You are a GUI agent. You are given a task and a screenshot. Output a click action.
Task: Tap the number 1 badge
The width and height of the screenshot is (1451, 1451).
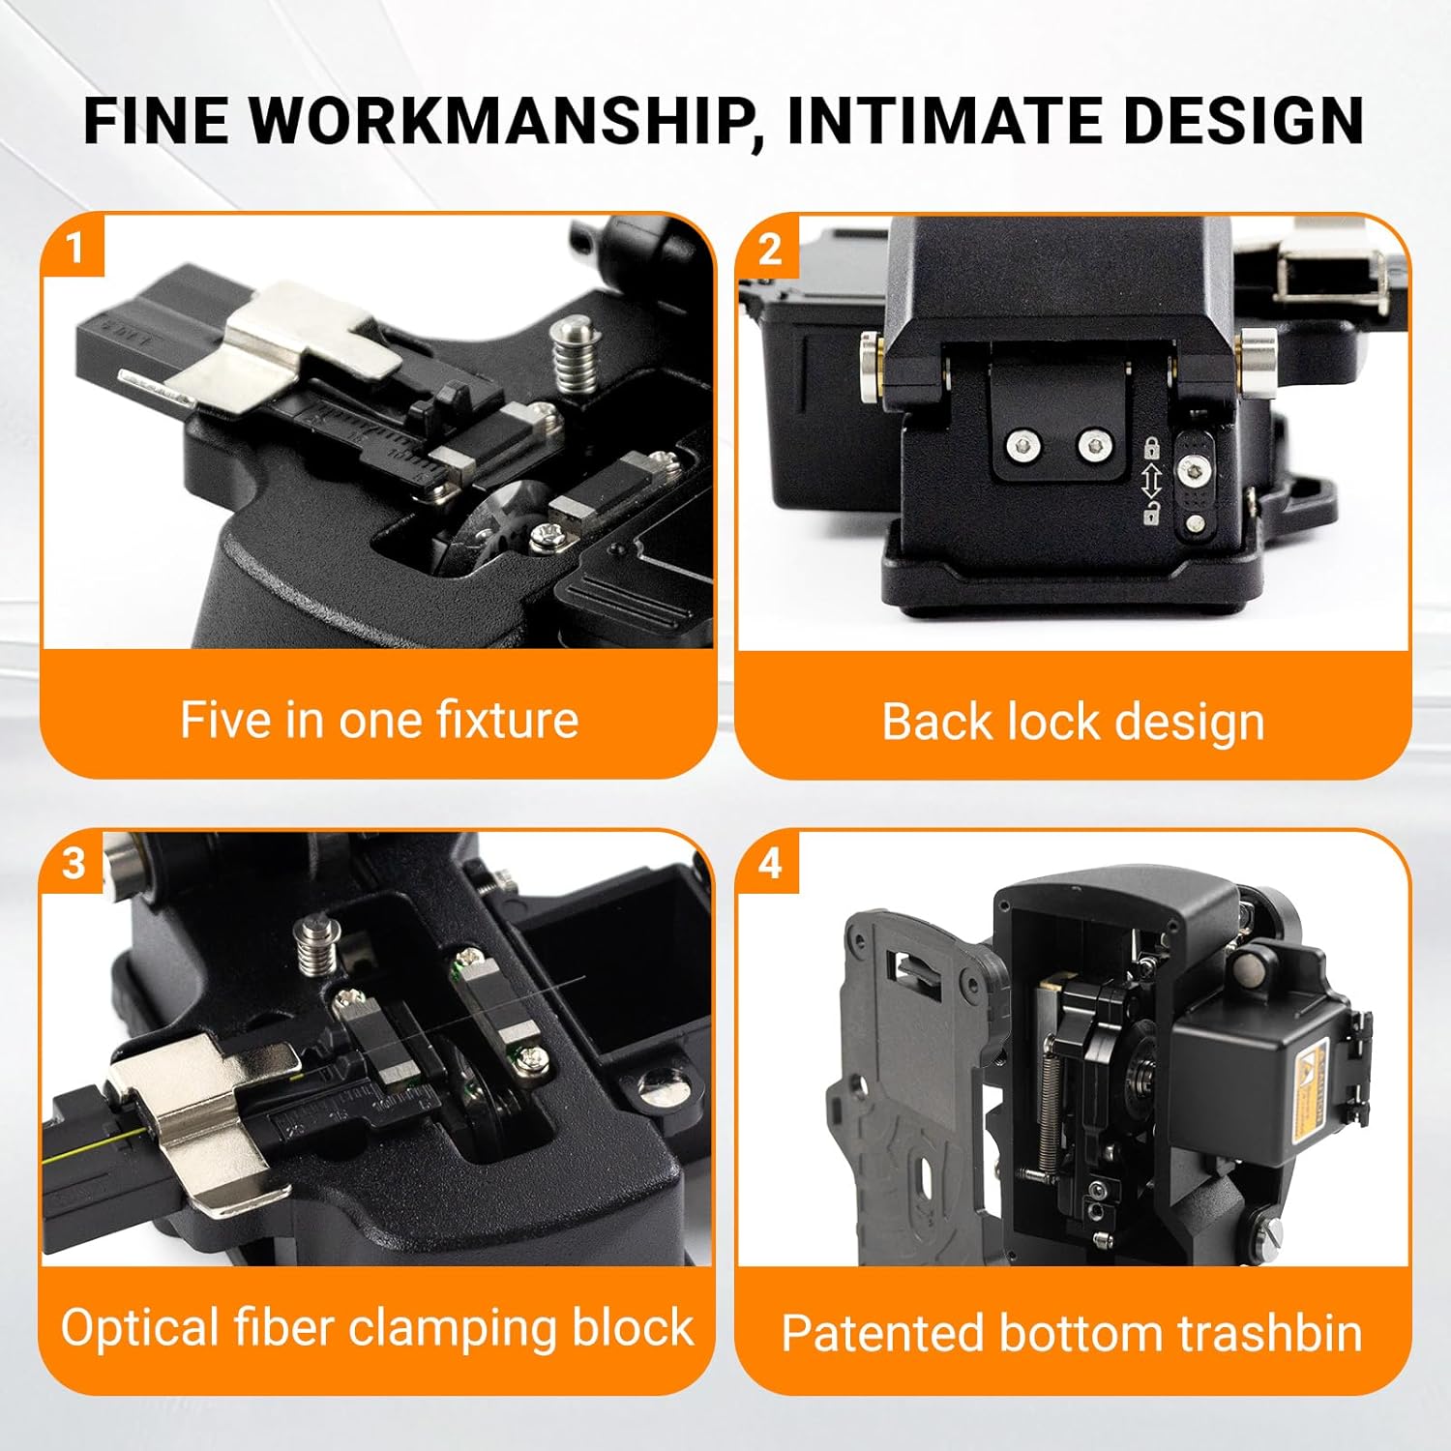(x=74, y=248)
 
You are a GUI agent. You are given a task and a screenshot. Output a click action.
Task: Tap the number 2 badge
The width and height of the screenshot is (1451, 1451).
(x=769, y=250)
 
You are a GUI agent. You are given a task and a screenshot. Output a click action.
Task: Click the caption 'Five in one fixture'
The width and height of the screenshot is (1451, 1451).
(x=379, y=720)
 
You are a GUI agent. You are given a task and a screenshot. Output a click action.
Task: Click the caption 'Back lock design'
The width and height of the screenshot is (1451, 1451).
(x=1073, y=722)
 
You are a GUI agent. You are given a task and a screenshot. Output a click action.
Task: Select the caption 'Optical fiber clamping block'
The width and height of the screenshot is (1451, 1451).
(x=377, y=1327)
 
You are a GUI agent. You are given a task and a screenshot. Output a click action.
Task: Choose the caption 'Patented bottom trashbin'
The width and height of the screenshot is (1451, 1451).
(x=1072, y=1332)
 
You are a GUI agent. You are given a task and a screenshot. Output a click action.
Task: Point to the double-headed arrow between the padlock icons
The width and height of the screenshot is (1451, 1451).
(x=1151, y=481)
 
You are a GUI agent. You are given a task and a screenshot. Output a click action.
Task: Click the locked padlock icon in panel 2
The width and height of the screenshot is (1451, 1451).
(x=1151, y=448)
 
